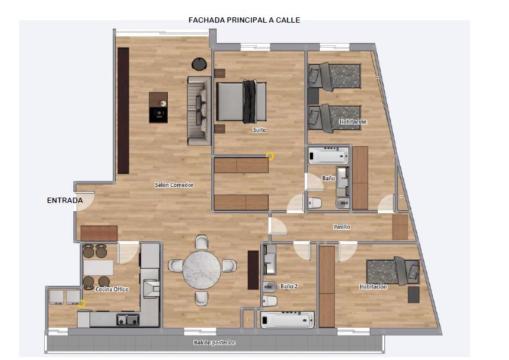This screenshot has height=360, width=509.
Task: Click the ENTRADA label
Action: coord(65,201)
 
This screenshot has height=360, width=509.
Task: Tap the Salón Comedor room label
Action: coord(174,185)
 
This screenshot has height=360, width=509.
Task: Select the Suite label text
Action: coord(260,130)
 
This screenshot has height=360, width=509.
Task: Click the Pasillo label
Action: coord(342,227)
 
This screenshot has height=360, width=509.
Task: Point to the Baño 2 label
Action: coord(289,286)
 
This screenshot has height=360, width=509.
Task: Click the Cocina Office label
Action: coord(112,289)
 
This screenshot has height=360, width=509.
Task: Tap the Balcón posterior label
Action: coord(214,343)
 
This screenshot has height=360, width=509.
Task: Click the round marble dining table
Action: coord(202,269)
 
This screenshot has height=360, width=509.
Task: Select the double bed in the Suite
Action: coord(242,101)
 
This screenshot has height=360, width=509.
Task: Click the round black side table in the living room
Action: coord(199,64)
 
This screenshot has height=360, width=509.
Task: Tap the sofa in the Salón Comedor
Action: coord(199,110)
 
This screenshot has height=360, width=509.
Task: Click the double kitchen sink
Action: coord(128,320)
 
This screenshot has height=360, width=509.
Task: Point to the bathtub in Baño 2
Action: coord(287,320)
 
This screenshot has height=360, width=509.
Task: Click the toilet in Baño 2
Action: coord(270,301)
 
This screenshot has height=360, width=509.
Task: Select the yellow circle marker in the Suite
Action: coord(270,156)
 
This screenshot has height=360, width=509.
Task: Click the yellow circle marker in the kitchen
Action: coord(82,304)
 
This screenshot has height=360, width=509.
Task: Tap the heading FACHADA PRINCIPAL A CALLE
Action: coord(244,20)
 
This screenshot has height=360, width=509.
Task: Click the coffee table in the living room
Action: coord(158,107)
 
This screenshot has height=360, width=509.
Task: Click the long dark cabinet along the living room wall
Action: coord(124,110)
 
